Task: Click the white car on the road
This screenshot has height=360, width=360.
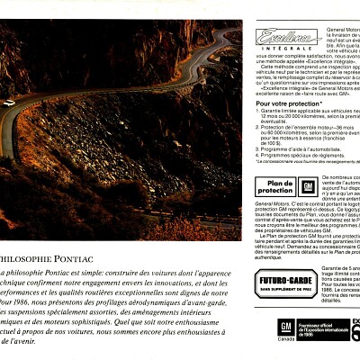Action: tap(8, 103)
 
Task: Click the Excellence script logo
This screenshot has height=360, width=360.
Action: tap(287, 36)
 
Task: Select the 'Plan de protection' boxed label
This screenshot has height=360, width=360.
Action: tap(274, 186)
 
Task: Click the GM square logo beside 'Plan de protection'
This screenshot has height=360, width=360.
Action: tap(308, 187)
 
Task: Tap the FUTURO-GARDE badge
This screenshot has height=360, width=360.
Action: tap(285, 283)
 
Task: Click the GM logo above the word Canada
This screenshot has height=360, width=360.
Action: tap(285, 326)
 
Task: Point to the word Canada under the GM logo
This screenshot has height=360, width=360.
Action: tap(285, 340)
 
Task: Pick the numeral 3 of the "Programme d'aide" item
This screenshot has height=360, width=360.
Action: tap(257, 150)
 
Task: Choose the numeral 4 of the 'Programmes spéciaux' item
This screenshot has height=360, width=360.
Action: tap(257, 157)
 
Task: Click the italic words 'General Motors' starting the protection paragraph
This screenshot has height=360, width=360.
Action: tap(272, 204)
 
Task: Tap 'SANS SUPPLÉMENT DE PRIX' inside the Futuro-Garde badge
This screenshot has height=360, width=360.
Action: tap(285, 289)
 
